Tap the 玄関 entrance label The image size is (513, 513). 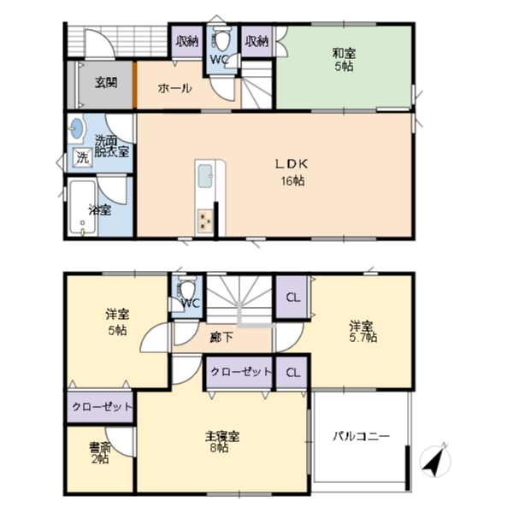click(x=106, y=82)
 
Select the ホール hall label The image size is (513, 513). click(x=174, y=88)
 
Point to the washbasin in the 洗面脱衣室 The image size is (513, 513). click(x=77, y=128)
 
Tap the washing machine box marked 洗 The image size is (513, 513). click(x=82, y=157)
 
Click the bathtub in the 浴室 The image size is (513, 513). click(x=83, y=208)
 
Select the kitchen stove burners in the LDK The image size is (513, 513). click(x=205, y=221)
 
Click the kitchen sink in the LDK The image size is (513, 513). click(x=205, y=176)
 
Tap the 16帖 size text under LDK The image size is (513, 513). click(x=292, y=180)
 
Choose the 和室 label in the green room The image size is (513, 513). click(x=344, y=53)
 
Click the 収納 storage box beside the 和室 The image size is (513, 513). click(x=256, y=41)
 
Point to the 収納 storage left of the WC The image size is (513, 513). click(x=187, y=41)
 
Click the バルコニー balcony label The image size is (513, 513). click(x=361, y=436)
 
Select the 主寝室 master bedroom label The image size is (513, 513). click(x=222, y=436)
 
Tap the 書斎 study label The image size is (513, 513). click(x=100, y=447)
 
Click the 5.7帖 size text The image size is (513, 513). click(x=363, y=338)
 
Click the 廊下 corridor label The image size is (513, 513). click(x=221, y=337)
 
